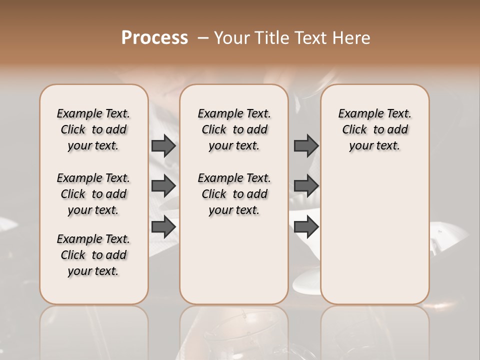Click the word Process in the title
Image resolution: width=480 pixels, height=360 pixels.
[154, 37]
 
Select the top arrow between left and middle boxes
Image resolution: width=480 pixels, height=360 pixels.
[163, 145]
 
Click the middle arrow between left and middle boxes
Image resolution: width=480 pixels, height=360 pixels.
[163, 186]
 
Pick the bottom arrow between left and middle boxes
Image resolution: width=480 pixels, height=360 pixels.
[163, 227]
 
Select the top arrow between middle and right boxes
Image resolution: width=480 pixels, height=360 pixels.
[306, 145]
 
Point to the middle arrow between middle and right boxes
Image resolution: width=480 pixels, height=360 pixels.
[306, 186]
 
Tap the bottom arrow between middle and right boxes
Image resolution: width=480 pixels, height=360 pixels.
[306, 227]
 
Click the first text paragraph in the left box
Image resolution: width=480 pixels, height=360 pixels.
[93, 129]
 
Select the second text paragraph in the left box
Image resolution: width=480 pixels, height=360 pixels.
[93, 194]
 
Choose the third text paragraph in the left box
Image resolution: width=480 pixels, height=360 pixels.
[93, 255]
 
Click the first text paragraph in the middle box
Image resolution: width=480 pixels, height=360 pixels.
[234, 129]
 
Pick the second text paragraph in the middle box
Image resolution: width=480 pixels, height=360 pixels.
[234, 194]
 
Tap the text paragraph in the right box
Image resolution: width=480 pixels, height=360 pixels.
[374, 129]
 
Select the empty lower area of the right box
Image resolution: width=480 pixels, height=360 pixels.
[374, 230]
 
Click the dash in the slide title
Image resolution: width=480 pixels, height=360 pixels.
[203, 38]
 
